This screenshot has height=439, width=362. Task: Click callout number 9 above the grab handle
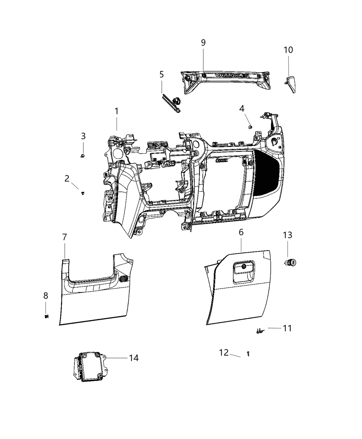point(203,42)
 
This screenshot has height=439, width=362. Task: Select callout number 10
point(288,50)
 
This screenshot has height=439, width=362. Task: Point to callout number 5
point(161,74)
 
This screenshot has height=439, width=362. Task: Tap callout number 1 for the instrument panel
point(117,111)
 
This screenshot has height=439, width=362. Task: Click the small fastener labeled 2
point(83,193)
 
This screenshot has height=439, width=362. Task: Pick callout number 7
point(64,237)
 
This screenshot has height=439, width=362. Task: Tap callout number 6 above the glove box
point(241,232)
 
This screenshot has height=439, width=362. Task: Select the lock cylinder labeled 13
point(290,263)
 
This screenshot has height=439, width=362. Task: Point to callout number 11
point(287,328)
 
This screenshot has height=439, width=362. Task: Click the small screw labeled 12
point(248,353)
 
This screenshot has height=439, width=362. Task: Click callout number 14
point(134,358)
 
